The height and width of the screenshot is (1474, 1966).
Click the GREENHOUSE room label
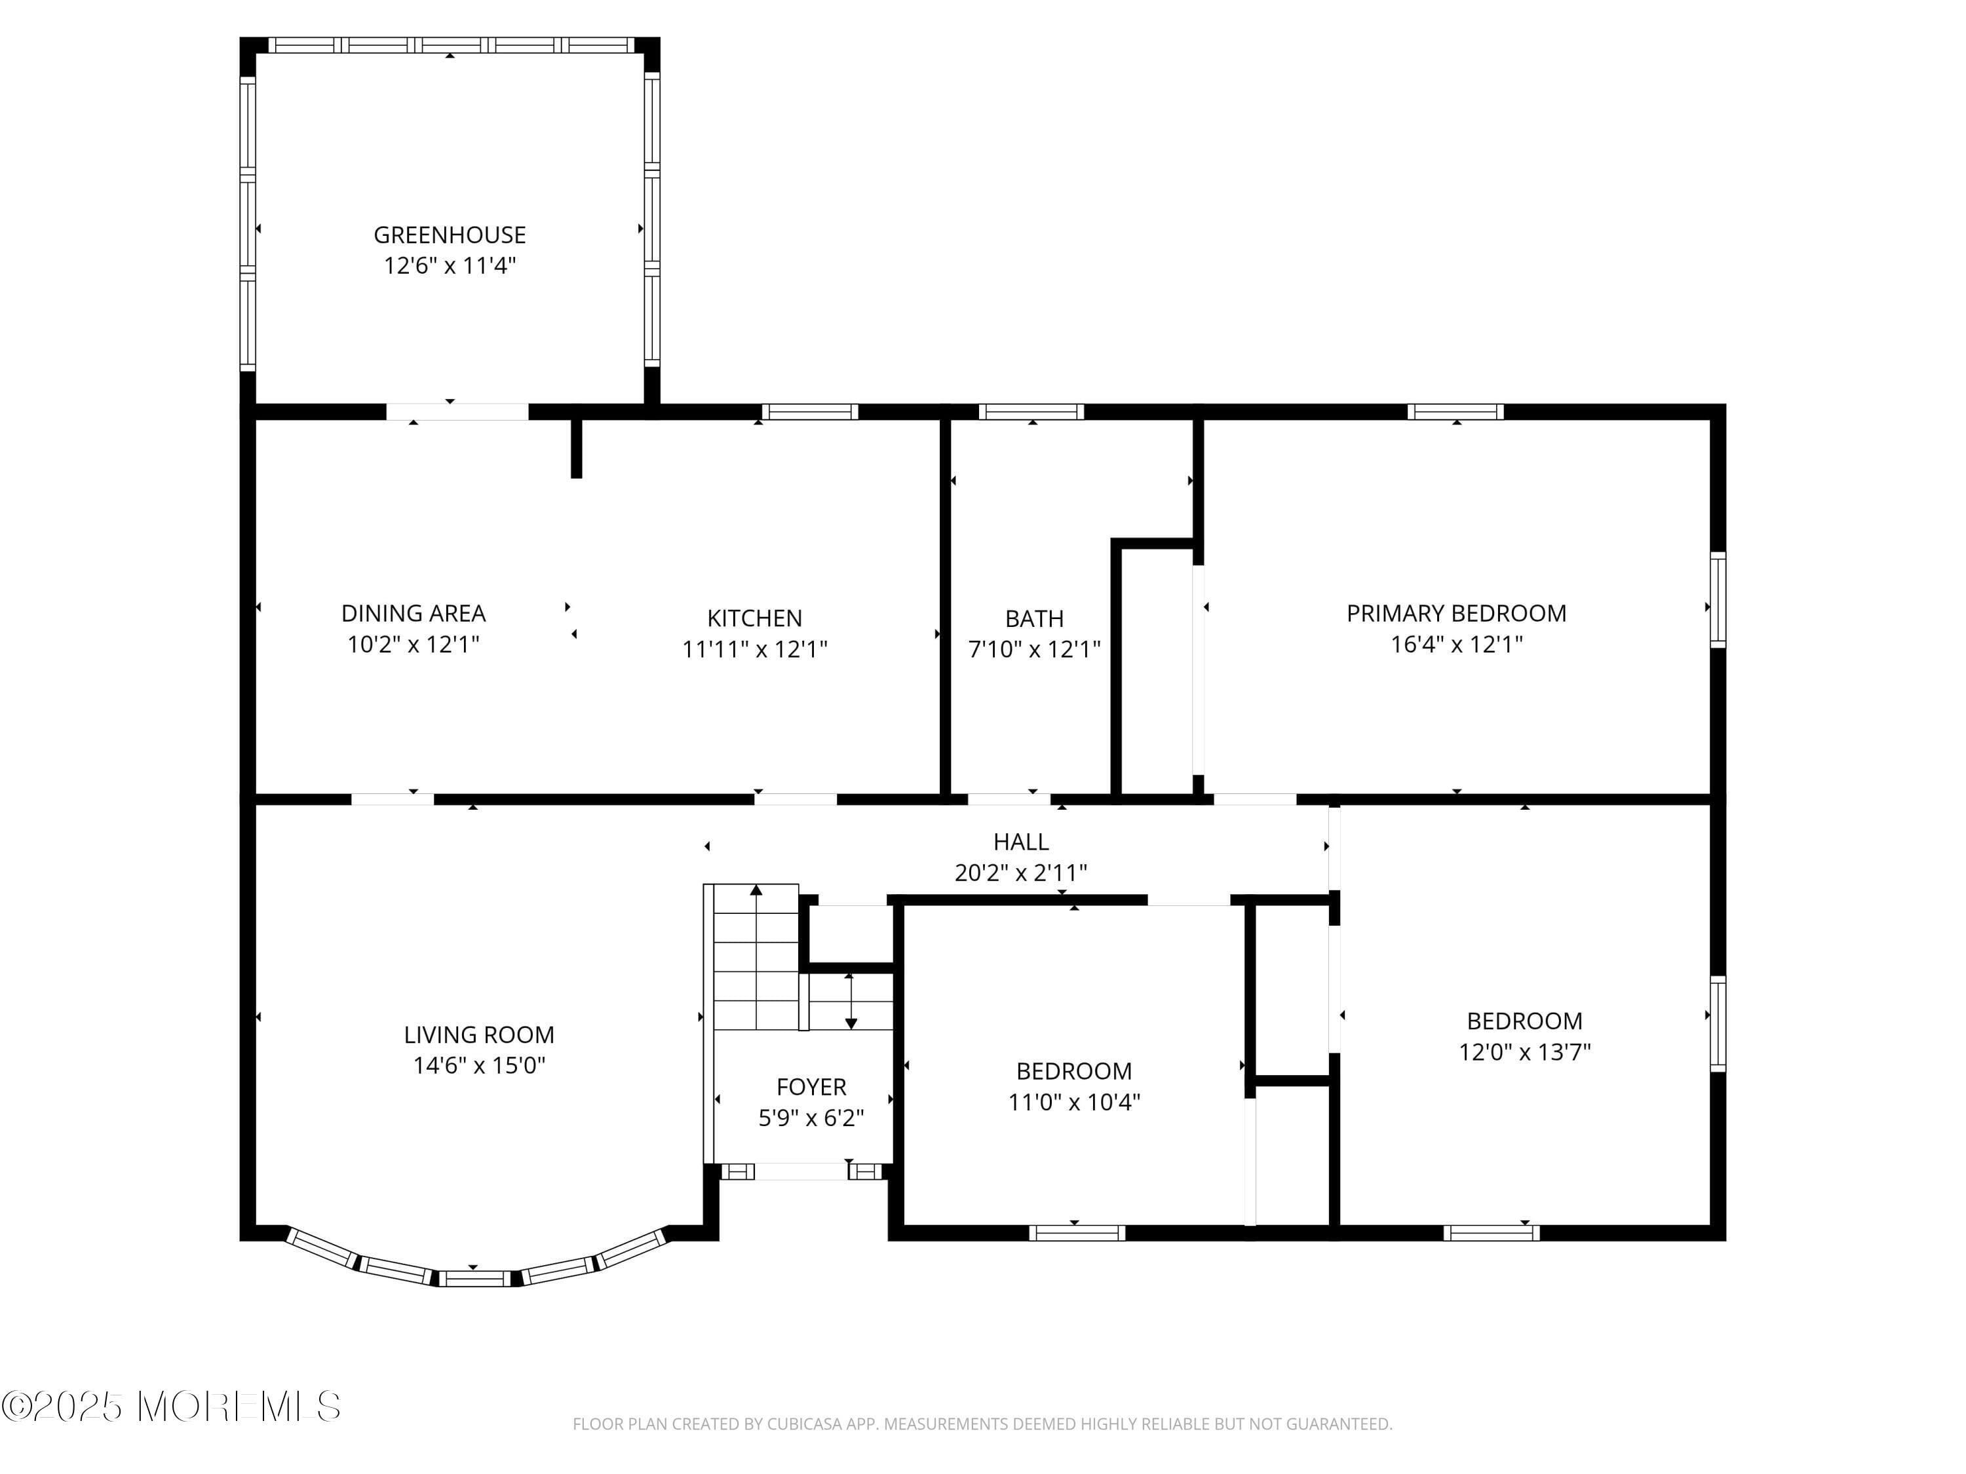tap(449, 235)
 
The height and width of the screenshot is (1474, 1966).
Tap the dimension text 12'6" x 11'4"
tap(449, 266)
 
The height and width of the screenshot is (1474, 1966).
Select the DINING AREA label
tap(414, 613)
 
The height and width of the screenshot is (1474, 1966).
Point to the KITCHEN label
tap(754, 618)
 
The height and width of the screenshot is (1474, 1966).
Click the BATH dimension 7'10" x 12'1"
tap(1033, 649)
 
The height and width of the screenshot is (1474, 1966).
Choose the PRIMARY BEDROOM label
tap(1456, 613)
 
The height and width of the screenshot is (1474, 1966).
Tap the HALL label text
tap(1020, 841)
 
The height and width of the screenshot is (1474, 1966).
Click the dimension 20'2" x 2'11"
tap(1020, 873)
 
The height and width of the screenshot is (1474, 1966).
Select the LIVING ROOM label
tap(478, 1034)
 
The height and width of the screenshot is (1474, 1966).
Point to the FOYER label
tap(811, 1087)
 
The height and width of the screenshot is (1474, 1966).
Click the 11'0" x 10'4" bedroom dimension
tap(1073, 1102)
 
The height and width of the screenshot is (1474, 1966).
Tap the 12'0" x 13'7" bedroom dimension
tap(1524, 1052)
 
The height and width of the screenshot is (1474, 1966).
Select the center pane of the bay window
tap(474, 1279)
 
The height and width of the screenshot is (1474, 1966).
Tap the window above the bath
tap(1031, 411)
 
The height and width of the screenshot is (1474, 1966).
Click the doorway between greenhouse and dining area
tap(457, 411)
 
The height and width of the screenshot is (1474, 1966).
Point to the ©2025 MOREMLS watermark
tap(170, 1407)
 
